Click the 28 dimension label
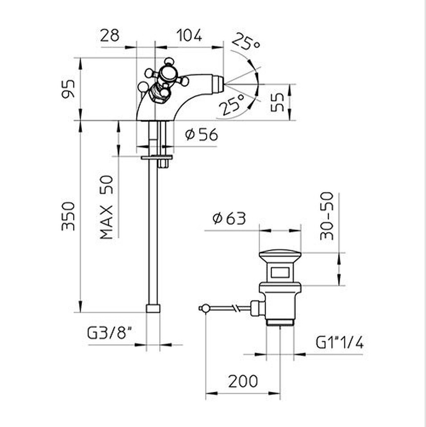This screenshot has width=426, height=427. point(110,36)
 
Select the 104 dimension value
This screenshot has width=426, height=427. point(189,36)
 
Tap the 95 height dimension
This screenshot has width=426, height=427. point(68,89)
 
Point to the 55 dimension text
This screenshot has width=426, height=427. point(277,102)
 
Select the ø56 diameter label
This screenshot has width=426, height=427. point(202,134)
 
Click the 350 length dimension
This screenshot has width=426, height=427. point(68,216)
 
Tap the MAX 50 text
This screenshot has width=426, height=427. point(106,208)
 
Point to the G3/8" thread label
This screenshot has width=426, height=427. point(109,333)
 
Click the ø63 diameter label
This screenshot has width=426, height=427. point(229,218)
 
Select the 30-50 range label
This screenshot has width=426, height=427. point(327,216)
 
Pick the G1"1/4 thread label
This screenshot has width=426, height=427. point(340,342)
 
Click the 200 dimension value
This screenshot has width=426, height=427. point(243,381)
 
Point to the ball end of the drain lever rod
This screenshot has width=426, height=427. point(205,308)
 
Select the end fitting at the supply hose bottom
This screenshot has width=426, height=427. point(153,308)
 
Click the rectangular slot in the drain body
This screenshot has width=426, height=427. point(280,273)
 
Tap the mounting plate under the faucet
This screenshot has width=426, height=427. point(157,157)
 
